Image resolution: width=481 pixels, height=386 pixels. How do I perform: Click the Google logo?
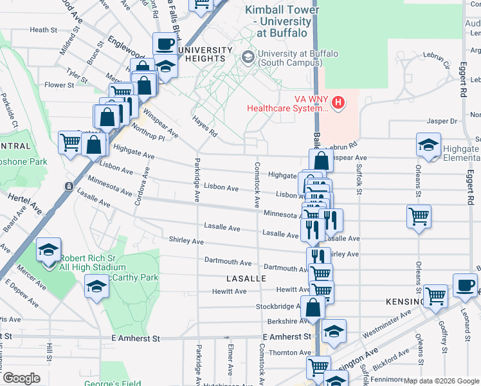[21, 378]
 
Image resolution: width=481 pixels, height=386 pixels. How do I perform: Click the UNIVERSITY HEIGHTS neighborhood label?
[205, 55]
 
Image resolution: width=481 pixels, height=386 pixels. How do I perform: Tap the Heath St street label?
[44, 30]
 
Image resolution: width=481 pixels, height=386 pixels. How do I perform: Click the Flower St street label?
[59, 85]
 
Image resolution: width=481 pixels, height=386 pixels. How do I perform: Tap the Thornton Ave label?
[290, 353]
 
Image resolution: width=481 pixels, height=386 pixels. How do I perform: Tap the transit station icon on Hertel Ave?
[69, 187]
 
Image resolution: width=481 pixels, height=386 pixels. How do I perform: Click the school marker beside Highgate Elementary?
[428, 145]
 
